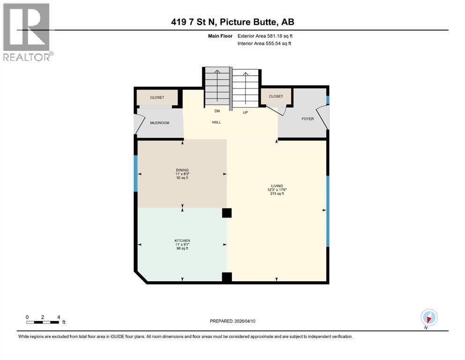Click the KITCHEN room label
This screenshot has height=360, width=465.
tap(182, 240)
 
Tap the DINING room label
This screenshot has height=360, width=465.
tap(182, 170)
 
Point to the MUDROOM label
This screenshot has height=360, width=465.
tap(159, 123)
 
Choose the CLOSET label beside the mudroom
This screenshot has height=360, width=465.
tap(157, 97)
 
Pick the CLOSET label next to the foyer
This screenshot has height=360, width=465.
tap(276, 97)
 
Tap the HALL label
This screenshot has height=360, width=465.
tap(216, 122)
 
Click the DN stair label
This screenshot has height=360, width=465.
tap(217, 111)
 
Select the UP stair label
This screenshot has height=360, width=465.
tap(245, 112)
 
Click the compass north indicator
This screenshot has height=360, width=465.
tap(429, 317)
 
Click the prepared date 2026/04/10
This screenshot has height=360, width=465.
tap(233, 321)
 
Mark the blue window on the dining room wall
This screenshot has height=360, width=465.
tap(136, 173)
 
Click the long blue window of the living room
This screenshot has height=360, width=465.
tap(328, 211)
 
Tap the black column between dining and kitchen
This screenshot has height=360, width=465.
tap(227, 213)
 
